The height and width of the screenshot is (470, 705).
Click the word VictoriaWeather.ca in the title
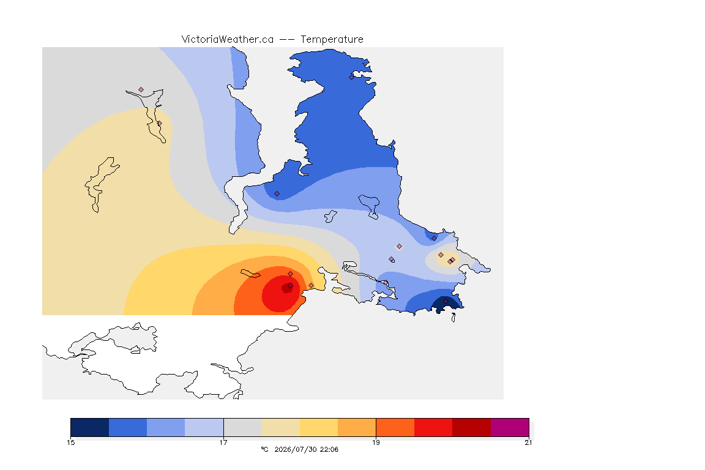pos(228,40)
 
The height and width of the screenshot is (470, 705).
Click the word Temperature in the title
pos(332,40)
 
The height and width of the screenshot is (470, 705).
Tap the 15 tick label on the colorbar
pos(70,442)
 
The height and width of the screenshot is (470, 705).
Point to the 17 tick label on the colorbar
pos(223,442)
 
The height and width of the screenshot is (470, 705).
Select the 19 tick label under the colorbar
pos(376,442)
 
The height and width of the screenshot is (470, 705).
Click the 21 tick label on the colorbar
pos(528,442)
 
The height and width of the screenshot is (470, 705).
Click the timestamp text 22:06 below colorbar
pos(329,449)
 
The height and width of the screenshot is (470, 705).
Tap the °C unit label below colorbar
pos(264,449)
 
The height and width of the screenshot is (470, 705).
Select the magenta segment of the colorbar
pos(509,427)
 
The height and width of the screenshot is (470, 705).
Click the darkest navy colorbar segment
pos(90,427)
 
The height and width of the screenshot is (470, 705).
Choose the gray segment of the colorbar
pos(242,427)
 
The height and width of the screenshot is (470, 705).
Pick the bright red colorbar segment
pos(433,427)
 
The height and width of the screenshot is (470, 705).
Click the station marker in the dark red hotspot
pos(291,286)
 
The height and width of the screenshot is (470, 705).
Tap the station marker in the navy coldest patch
pos(446,301)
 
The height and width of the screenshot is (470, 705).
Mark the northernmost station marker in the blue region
pos(352,77)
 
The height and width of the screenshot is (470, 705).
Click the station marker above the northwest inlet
pos(141,90)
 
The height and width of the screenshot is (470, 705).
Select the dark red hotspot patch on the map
pos(287,288)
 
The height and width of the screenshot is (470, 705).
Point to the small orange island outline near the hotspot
pos(250,274)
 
